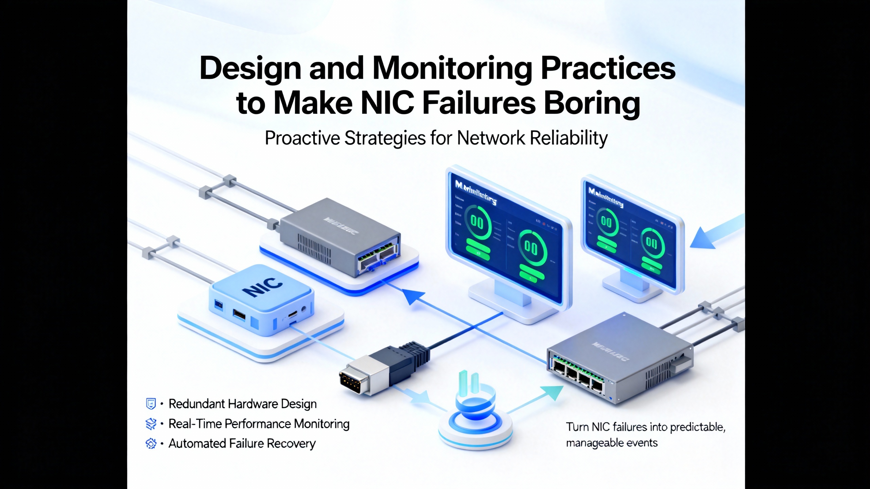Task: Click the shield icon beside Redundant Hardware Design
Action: coord(151,404)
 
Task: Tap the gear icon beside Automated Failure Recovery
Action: coord(151,443)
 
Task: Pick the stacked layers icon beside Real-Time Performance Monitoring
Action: coord(151,424)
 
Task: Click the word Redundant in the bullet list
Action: coord(196,404)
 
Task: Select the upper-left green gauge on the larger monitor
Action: coord(476,223)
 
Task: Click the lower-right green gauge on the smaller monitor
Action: coord(651,242)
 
